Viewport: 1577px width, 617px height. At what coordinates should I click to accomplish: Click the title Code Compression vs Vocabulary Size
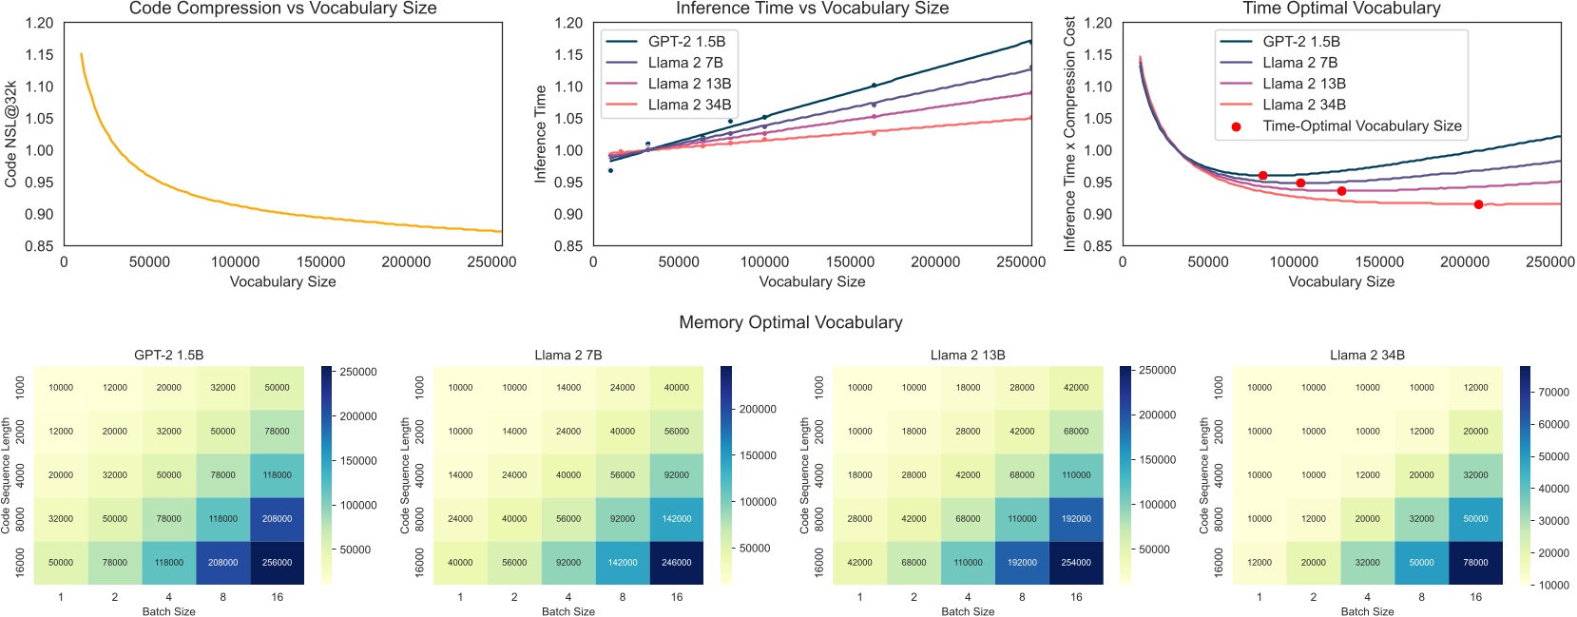click(x=282, y=9)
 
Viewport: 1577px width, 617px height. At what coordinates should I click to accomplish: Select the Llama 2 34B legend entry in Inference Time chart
click(x=689, y=105)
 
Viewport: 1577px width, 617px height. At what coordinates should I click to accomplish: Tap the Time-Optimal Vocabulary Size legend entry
click(x=1361, y=125)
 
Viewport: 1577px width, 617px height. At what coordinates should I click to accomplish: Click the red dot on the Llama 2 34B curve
click(x=1478, y=204)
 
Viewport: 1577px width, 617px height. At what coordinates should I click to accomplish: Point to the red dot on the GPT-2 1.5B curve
click(x=1262, y=176)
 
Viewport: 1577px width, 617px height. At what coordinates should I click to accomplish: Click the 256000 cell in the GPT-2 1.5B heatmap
click(x=277, y=562)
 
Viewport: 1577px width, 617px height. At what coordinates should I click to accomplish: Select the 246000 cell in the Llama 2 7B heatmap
click(x=676, y=562)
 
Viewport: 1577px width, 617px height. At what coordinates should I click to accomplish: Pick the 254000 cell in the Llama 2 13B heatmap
click(x=1075, y=562)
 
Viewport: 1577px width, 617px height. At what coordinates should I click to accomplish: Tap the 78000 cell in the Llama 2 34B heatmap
click(x=1475, y=562)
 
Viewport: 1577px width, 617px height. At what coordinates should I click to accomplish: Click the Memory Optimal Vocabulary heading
click(x=790, y=322)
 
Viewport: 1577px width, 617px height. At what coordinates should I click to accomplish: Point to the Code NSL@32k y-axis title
click(x=11, y=134)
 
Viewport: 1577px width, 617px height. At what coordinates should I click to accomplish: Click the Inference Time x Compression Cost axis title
click(x=1069, y=134)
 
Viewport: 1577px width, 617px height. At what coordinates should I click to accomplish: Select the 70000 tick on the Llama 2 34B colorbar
click(x=1553, y=392)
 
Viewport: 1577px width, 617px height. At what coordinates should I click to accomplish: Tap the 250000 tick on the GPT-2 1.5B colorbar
click(x=358, y=372)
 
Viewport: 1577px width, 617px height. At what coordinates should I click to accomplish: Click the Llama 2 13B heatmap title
click(x=967, y=355)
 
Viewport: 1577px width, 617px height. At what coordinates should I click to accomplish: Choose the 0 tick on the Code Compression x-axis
click(x=64, y=262)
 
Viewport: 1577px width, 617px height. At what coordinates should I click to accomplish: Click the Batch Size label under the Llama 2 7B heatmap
click(x=567, y=611)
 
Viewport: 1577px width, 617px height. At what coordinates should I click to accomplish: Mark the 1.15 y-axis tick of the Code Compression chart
click(x=39, y=55)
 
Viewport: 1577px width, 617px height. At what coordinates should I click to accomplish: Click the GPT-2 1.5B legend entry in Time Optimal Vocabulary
click(x=1300, y=42)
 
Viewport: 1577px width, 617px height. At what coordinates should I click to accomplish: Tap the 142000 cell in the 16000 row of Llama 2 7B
click(x=622, y=562)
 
